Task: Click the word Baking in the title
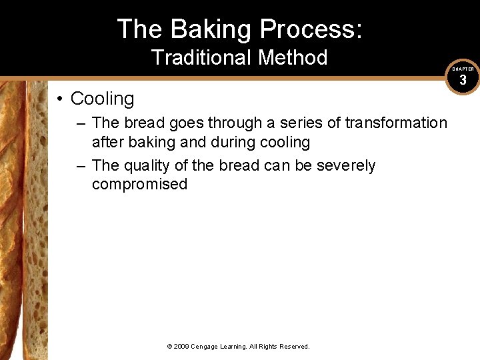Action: tap(211, 29)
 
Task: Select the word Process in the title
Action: tap(311, 29)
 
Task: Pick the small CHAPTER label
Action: tap(463, 69)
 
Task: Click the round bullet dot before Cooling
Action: tap(60, 99)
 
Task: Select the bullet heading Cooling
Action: tap(102, 99)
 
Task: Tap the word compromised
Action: tap(139, 184)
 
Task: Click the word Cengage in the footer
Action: tap(208, 347)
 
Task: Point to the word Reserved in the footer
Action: tap(293, 347)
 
